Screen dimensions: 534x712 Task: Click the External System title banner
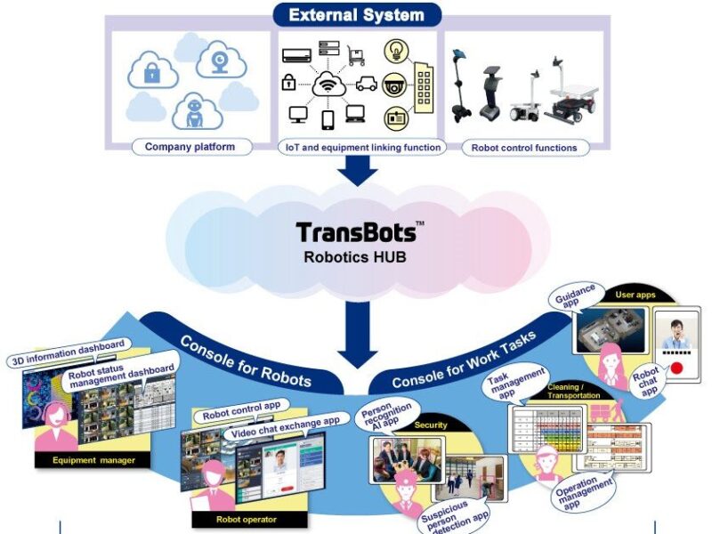tap(355, 15)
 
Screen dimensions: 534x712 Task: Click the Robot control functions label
tap(523, 147)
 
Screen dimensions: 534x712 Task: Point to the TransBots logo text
tap(356, 232)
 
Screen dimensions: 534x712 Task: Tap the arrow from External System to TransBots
tap(357, 169)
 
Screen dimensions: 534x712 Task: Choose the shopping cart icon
tap(358, 56)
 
